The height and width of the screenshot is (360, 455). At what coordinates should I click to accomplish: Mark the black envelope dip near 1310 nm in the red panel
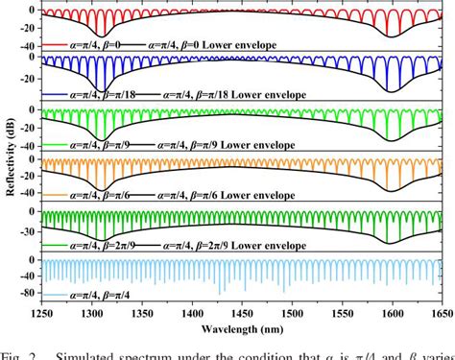tap(102, 37)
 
